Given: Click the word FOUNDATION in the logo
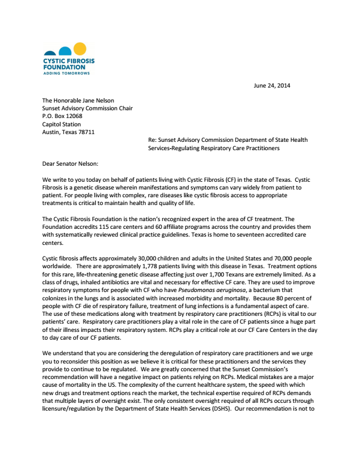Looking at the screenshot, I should pyautogui.click(x=64, y=67).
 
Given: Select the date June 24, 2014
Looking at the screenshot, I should pyautogui.click(x=271, y=85).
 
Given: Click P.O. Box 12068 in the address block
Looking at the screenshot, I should pyautogui.click(x=62, y=116).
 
